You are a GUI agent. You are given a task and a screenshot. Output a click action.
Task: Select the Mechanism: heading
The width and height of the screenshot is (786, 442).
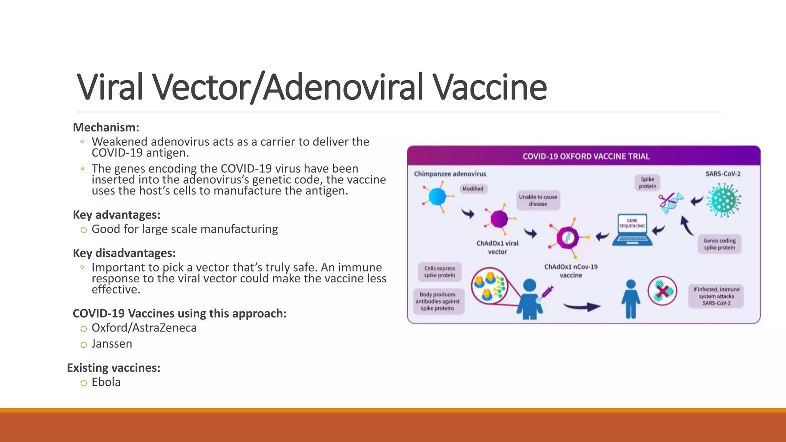click(106, 127)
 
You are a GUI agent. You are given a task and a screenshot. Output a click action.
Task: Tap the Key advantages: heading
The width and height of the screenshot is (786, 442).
click(116, 215)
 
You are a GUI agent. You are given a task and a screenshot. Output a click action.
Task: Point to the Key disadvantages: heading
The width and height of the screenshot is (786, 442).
click(124, 253)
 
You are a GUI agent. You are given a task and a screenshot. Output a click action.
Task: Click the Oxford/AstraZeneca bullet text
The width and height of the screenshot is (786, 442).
click(144, 328)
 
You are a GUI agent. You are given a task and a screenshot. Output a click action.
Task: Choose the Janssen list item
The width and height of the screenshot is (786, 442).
click(112, 344)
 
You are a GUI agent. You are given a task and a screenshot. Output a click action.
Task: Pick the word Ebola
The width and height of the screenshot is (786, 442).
click(106, 382)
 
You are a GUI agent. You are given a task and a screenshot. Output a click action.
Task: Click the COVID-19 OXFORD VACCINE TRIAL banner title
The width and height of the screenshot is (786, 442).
click(586, 157)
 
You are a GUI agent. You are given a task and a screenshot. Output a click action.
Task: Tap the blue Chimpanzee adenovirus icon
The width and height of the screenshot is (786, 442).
click(437, 197)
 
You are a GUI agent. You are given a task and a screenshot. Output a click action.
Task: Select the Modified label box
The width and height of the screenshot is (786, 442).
click(473, 189)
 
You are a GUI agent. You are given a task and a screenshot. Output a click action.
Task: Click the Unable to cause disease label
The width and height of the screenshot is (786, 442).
click(538, 200)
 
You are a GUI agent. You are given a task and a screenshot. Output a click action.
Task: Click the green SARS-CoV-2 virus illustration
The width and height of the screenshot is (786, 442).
click(723, 200)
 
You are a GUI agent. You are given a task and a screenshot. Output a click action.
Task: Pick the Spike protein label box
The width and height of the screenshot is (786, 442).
click(647, 183)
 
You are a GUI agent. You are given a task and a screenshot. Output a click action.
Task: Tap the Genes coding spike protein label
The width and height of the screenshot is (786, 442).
click(719, 244)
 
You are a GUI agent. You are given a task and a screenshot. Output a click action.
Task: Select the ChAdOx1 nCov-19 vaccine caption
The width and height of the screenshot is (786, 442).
click(571, 271)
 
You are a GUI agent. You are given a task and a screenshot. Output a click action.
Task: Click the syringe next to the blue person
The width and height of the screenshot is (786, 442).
click(547, 292)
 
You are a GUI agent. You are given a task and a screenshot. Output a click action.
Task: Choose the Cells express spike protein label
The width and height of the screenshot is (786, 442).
click(439, 272)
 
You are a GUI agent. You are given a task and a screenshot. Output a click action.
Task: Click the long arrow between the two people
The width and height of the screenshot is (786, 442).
click(581, 306)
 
